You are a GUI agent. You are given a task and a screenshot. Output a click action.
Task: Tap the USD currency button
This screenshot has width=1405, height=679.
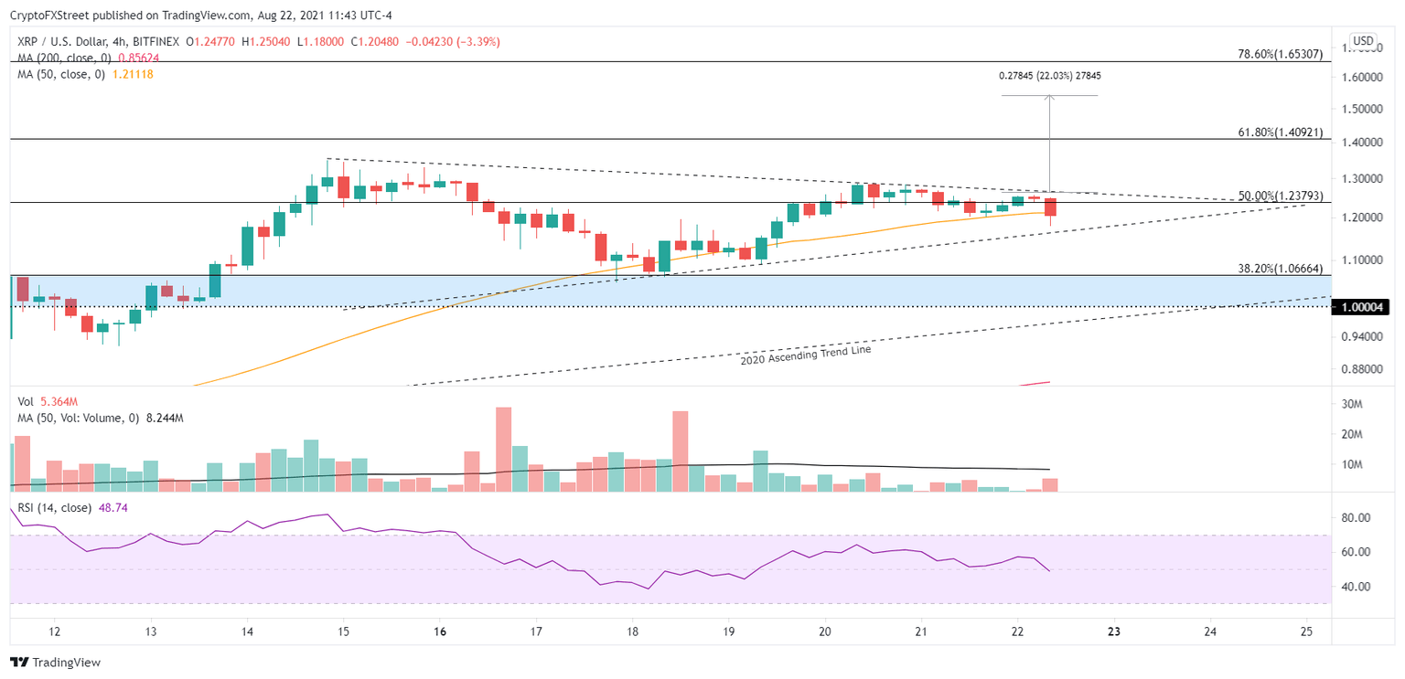(x=1363, y=41)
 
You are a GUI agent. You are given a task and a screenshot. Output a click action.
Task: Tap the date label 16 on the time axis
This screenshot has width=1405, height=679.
(x=439, y=631)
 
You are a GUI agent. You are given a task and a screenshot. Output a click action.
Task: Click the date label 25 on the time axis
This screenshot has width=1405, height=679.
(x=1306, y=631)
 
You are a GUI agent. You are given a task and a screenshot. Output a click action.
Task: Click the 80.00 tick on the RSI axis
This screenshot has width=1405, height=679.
(x=1356, y=518)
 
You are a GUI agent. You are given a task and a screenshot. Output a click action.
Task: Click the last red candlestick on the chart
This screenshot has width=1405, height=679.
(x=1050, y=208)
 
